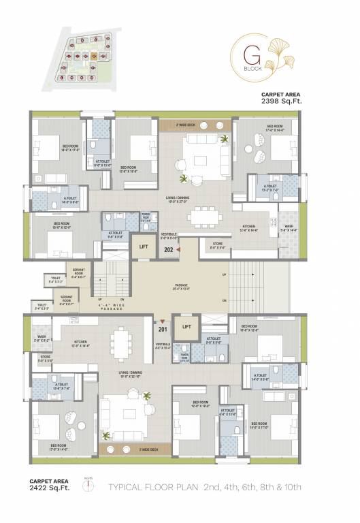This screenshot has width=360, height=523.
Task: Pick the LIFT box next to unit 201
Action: tap(186, 327)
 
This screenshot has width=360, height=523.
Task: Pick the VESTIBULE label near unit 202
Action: tap(169, 236)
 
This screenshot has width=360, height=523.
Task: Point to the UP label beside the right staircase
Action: tap(225, 274)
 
